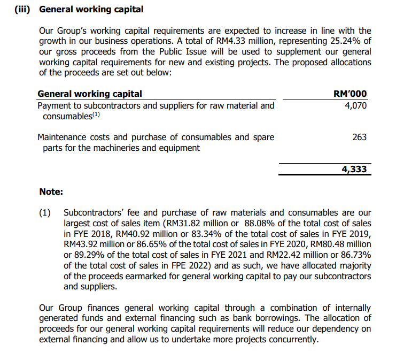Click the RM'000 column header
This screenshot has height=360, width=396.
(x=350, y=94)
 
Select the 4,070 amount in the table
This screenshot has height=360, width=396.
(x=356, y=106)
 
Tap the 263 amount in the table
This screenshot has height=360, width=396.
(x=360, y=137)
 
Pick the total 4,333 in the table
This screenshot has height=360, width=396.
(x=354, y=170)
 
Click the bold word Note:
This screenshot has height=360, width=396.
(x=51, y=192)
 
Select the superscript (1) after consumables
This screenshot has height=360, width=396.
(x=96, y=115)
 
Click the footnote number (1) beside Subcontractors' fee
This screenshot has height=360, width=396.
(x=46, y=213)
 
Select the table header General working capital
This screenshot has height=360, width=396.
(x=90, y=94)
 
